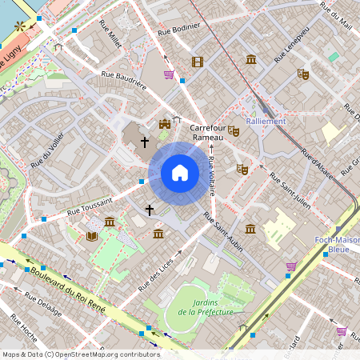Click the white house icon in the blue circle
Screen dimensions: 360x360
point(180,173)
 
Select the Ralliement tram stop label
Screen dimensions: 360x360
point(266,122)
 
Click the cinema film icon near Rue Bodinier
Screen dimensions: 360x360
point(197,62)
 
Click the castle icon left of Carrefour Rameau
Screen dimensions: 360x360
point(165,124)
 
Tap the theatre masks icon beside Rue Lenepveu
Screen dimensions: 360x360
point(302,74)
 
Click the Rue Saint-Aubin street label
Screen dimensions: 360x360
point(223,233)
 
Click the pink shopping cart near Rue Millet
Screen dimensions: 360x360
point(169,74)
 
